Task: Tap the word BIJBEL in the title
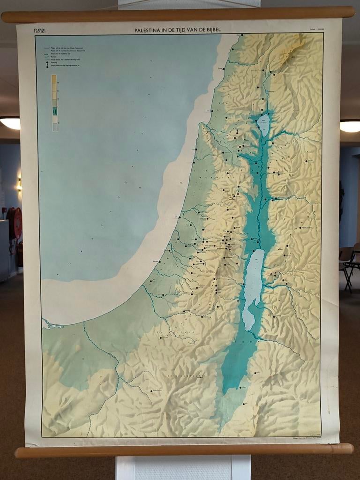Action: pos(210,30)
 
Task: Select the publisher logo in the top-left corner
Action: pos(39,31)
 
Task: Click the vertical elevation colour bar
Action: pos(54,103)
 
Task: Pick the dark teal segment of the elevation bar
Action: pos(54,111)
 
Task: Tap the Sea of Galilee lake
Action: pos(263,124)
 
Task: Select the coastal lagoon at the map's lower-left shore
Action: pos(52,323)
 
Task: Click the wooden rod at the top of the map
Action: pos(178,14)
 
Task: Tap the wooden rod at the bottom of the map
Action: pos(183,450)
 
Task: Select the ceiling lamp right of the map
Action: pos(350,126)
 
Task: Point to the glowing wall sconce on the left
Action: pos(19,184)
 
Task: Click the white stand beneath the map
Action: pos(183,467)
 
